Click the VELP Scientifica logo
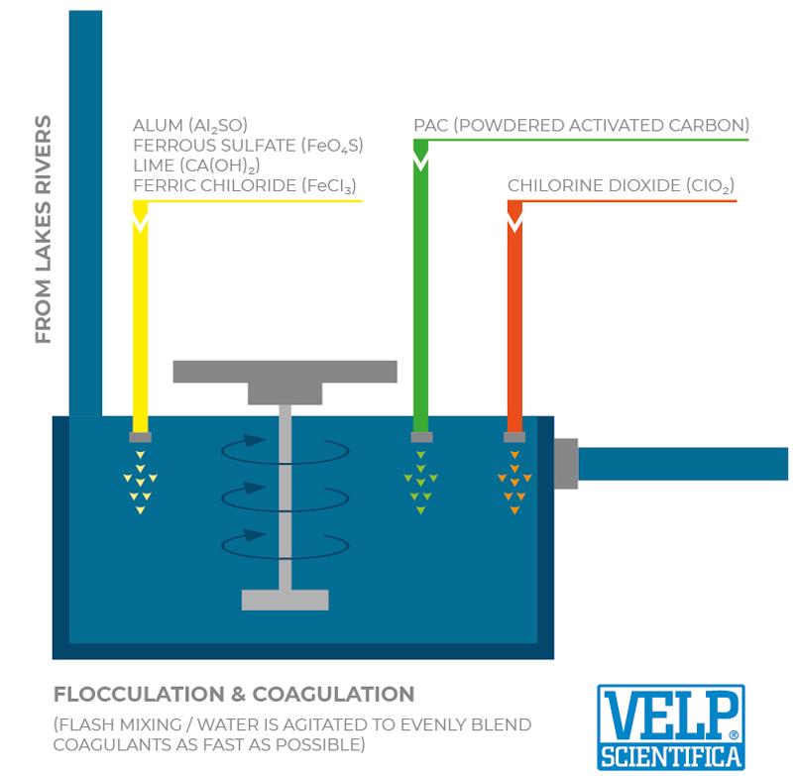pos(670,727)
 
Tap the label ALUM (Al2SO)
pos(190,126)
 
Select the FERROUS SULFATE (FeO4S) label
pos(248,146)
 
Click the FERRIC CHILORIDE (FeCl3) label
pos(244,185)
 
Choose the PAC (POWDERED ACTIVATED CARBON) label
pos(581,126)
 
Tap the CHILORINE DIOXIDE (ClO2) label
pos(621,185)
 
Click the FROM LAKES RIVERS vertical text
pos(43,229)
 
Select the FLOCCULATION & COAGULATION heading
pos(234,694)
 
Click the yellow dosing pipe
pos(140,317)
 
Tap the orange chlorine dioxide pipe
pos(514,317)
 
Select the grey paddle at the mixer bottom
pos(285,600)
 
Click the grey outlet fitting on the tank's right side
pos(566,463)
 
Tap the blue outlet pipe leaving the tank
pos(684,463)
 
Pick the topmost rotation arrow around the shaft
pos(285,452)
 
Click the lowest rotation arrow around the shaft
pos(285,542)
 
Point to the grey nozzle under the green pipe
pos(421,437)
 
